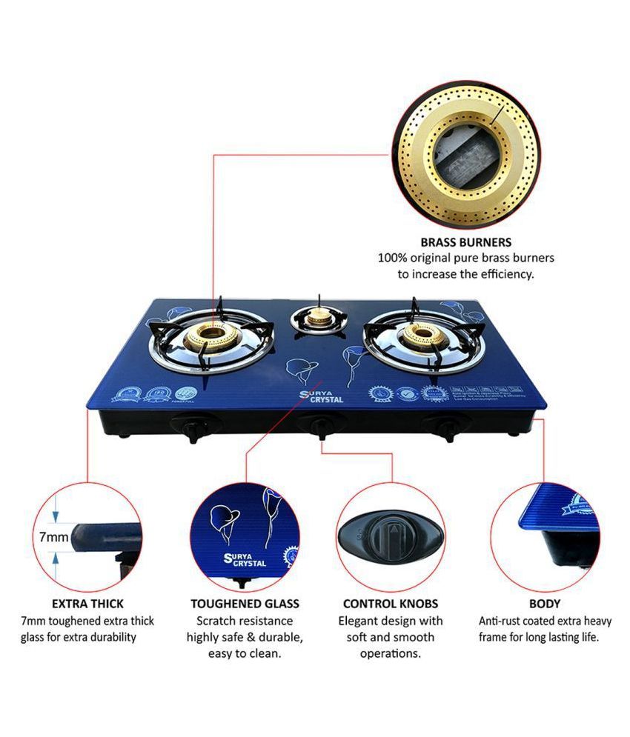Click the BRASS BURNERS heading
pyautogui.click(x=465, y=242)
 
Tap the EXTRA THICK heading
pyautogui.click(x=87, y=604)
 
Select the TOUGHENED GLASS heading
pyautogui.click(x=245, y=604)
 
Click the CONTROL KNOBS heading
pyautogui.click(x=390, y=604)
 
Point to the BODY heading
pyautogui.click(x=545, y=604)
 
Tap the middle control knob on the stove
pyautogui.click(x=320, y=426)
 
